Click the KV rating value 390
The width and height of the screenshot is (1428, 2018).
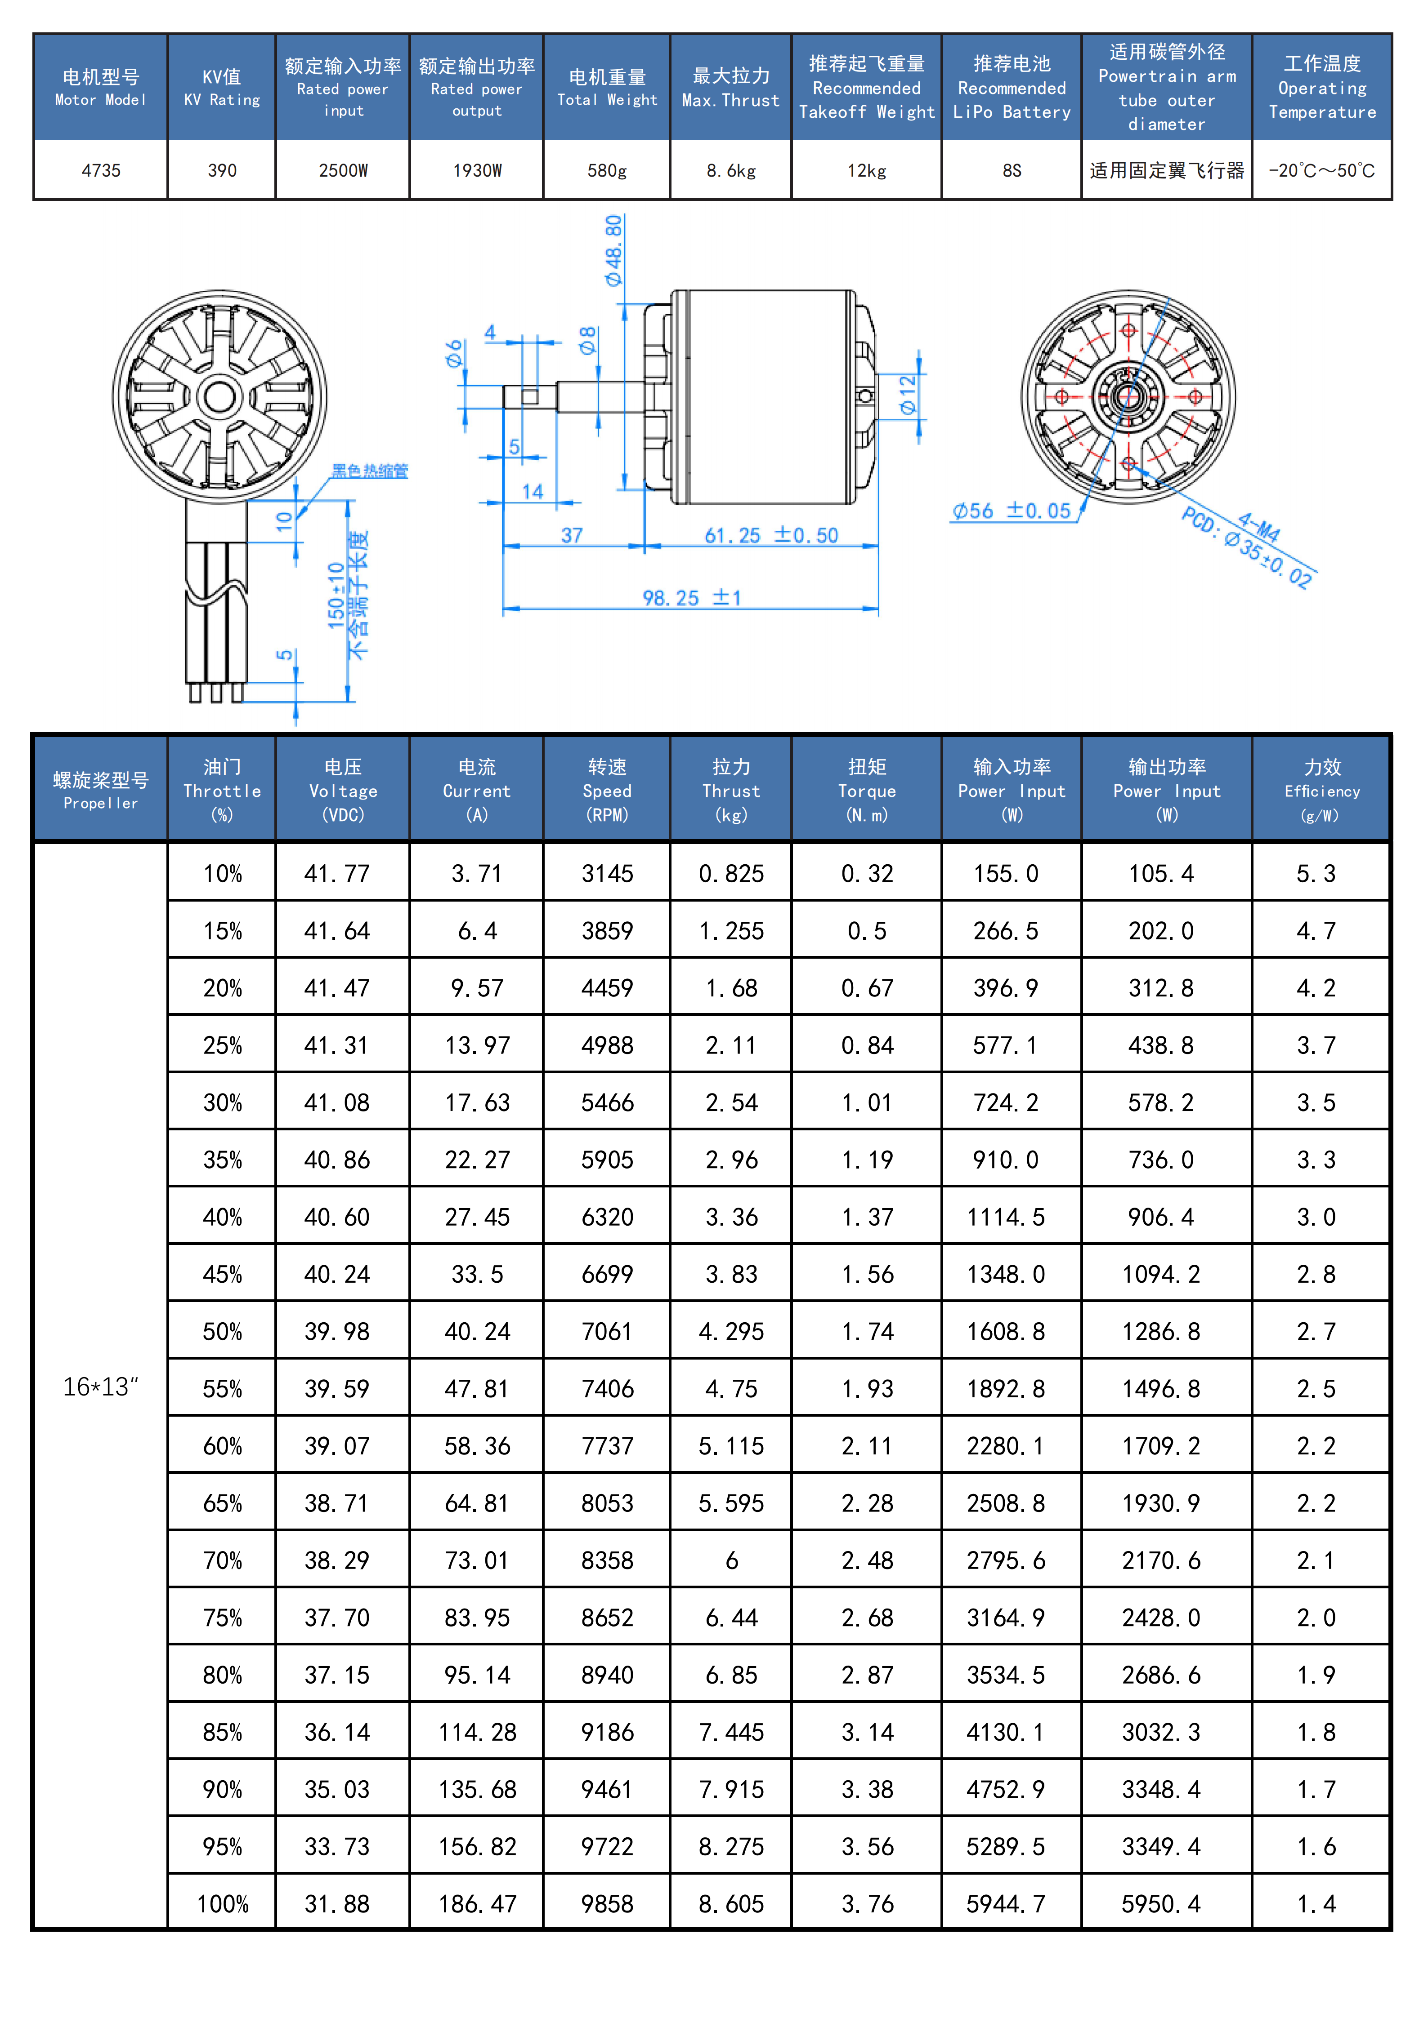point(222,170)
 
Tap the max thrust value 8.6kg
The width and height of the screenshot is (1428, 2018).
point(731,170)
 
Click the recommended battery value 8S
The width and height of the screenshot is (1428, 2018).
point(1011,170)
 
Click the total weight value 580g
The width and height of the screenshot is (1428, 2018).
point(607,170)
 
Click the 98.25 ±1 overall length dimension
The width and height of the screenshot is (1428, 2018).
point(692,598)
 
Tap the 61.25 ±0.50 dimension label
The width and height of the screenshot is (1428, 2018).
point(771,535)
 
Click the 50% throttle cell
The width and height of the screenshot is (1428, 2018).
point(223,1332)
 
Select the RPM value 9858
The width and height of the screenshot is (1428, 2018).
point(607,1904)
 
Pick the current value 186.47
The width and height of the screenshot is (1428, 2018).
point(477,1904)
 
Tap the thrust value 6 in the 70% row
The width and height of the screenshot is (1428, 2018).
point(731,1560)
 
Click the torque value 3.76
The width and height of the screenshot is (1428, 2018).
point(867,1904)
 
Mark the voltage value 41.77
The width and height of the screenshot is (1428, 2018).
point(337,874)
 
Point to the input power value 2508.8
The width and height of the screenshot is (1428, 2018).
point(1006,1503)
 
